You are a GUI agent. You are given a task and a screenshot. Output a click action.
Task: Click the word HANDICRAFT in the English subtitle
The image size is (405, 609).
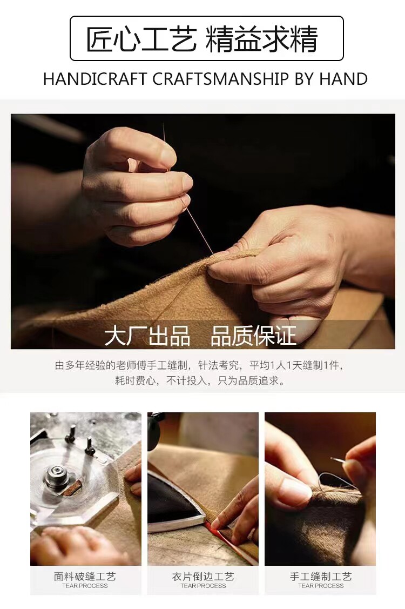(x=94, y=79)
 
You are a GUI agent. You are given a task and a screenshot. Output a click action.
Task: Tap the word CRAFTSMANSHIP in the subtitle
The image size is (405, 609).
(x=220, y=79)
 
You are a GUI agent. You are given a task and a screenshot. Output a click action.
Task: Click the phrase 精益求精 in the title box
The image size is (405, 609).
(x=261, y=39)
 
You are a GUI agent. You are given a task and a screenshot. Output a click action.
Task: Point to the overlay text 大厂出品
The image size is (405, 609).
(x=147, y=336)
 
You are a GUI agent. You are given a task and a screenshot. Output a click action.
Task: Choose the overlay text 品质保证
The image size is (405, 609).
(x=254, y=336)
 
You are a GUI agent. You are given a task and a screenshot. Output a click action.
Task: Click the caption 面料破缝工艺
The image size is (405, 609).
(x=85, y=577)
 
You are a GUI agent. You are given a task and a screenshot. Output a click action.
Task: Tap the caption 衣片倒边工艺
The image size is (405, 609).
(x=203, y=577)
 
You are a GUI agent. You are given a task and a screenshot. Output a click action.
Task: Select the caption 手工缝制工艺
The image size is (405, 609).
(x=321, y=577)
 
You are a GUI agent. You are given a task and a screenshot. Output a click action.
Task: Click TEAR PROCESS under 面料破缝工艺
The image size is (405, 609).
(x=85, y=586)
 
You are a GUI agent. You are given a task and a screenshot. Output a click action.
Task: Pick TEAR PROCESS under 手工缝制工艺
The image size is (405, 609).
(x=321, y=586)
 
